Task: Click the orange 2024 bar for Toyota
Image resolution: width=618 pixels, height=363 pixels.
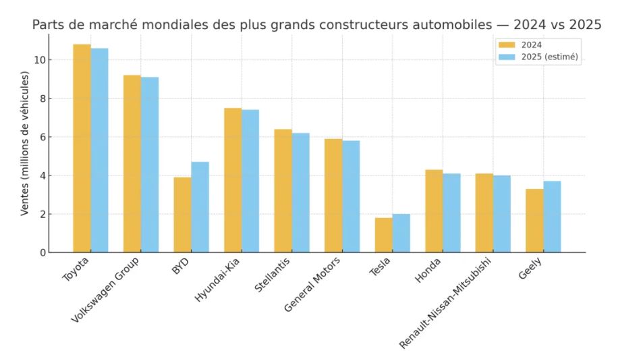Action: [82, 148]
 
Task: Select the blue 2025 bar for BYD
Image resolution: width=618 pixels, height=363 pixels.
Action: [200, 207]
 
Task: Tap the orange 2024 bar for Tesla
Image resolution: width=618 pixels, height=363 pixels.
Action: [383, 235]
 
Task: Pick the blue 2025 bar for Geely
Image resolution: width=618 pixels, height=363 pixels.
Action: [552, 217]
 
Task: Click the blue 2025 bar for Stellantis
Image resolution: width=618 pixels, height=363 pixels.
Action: [300, 192]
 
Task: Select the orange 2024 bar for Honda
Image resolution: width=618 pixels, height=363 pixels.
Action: [434, 211]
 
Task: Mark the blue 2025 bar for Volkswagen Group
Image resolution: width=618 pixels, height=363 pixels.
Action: [150, 165]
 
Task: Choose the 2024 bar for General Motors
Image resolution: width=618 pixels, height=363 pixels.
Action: [333, 196]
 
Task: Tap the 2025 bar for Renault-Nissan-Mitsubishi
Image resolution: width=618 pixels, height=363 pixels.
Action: [501, 214]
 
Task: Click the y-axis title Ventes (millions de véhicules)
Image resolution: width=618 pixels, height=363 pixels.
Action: [25, 143]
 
